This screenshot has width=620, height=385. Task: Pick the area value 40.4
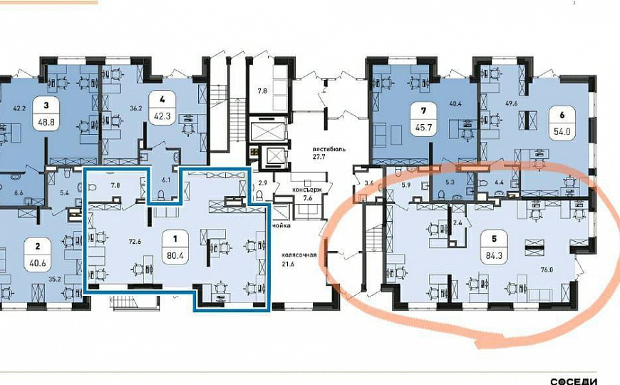point(457,103)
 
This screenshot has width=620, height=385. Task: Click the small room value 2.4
point(458,222)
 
